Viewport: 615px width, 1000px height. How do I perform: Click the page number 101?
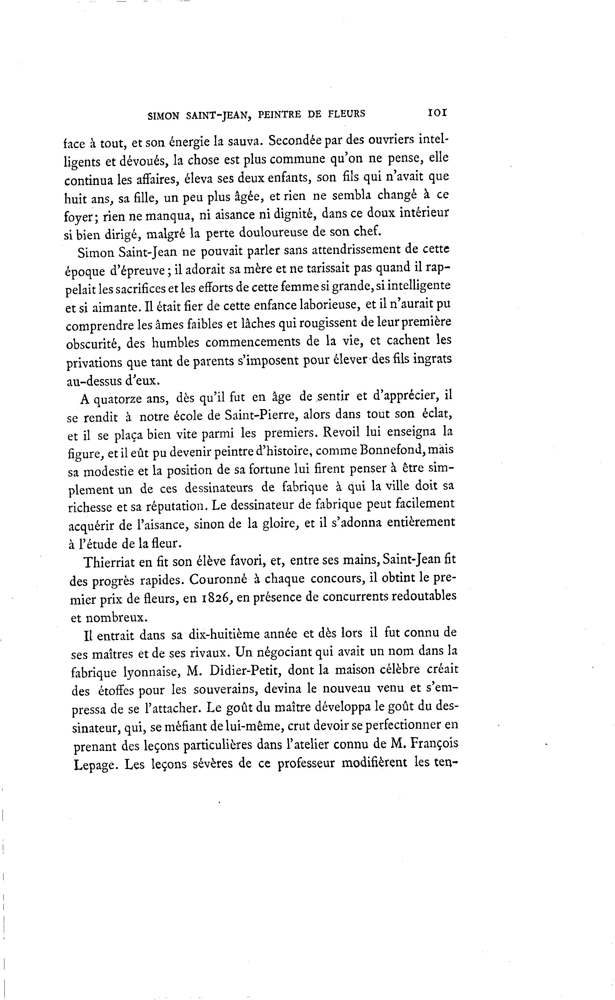(x=437, y=113)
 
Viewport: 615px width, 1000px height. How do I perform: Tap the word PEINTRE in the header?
(x=279, y=115)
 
